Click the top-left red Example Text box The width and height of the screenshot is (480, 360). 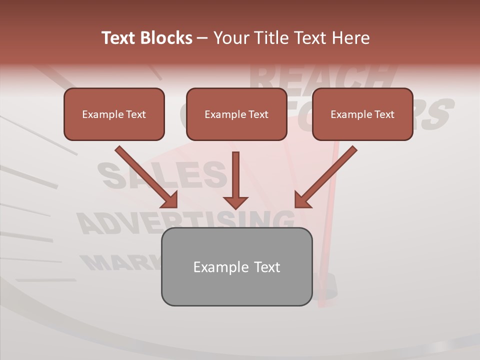tap(114, 114)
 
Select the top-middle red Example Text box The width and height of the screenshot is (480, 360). tap(236, 114)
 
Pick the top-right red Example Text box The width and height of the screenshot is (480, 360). tap(362, 114)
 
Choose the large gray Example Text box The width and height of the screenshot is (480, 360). tap(236, 266)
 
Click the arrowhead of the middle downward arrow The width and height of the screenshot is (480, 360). tap(235, 202)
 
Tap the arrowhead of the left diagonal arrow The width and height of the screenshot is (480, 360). tap(170, 200)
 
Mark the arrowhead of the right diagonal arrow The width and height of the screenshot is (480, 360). tap(302, 200)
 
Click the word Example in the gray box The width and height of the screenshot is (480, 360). tap(214, 267)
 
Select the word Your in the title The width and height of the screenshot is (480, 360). tap(231, 38)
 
